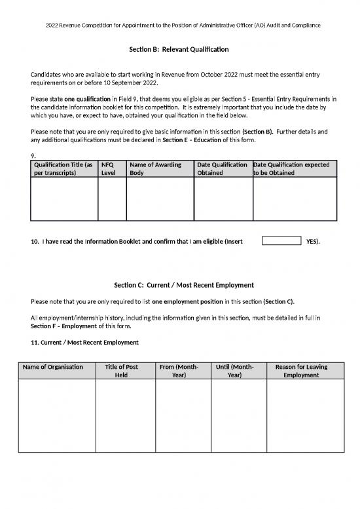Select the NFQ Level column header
tap(109, 168)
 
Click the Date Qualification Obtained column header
tap(222, 168)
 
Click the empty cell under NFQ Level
tap(111, 198)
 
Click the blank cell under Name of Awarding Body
tap(160, 198)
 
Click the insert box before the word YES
tap(281, 241)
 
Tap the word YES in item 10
tap(312, 242)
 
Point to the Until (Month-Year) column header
tap(234, 371)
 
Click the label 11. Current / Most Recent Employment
tap(84, 343)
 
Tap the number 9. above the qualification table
tap(34, 155)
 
